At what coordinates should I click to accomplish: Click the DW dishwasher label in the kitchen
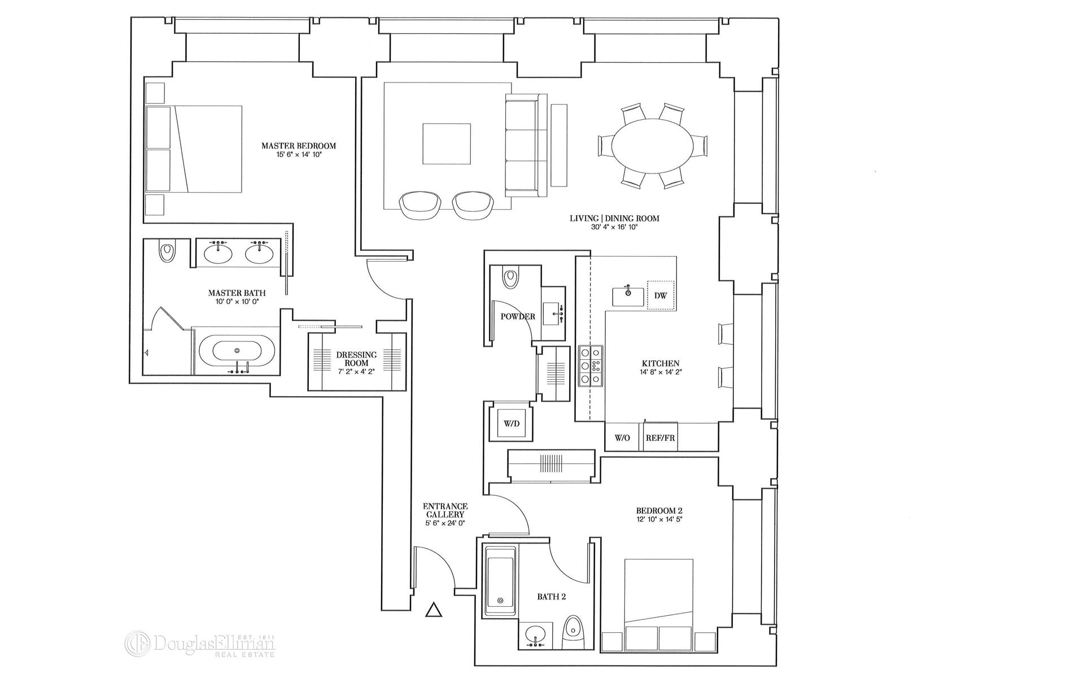pyautogui.click(x=661, y=295)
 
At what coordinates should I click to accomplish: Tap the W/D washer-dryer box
pyautogui.click(x=512, y=424)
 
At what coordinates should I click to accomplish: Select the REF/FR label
pyautogui.click(x=660, y=438)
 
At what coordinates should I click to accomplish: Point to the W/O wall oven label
pyautogui.click(x=622, y=438)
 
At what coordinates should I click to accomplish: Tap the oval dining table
pyautogui.click(x=653, y=145)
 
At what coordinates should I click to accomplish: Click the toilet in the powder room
pyautogui.click(x=510, y=278)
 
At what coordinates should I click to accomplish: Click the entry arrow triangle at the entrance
pyautogui.click(x=433, y=610)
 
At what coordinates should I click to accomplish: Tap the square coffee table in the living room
pyautogui.click(x=447, y=144)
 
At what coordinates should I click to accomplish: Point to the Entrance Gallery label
pyautogui.click(x=445, y=511)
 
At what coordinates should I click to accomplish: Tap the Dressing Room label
pyautogui.click(x=356, y=359)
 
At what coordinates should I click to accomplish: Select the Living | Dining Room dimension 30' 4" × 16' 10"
pyautogui.click(x=614, y=227)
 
